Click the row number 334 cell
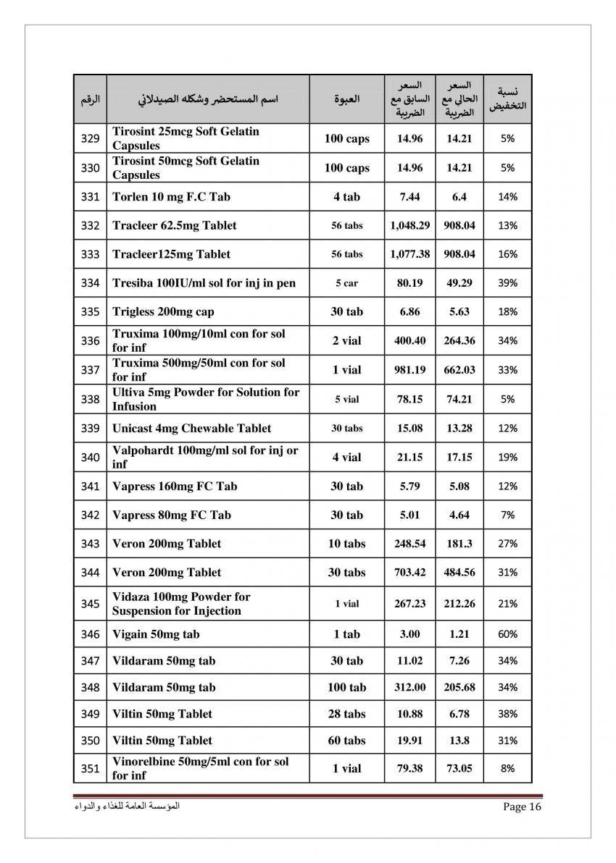(90, 283)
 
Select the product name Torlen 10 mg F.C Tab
(172, 196)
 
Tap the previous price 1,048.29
(410, 225)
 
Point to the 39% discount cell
(508, 283)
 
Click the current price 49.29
(459, 283)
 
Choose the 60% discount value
(508, 634)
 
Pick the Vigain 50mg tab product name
(156, 634)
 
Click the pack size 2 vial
(347, 340)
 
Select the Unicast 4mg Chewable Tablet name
(192, 428)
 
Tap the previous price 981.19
(410, 369)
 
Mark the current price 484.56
(459, 572)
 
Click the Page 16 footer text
(522, 807)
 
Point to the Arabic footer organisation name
(127, 807)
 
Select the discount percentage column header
(508, 99)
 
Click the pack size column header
(347, 99)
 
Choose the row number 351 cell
(90, 768)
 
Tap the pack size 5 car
(347, 283)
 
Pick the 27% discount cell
(508, 543)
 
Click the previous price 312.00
(410, 687)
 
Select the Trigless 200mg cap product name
(163, 312)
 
